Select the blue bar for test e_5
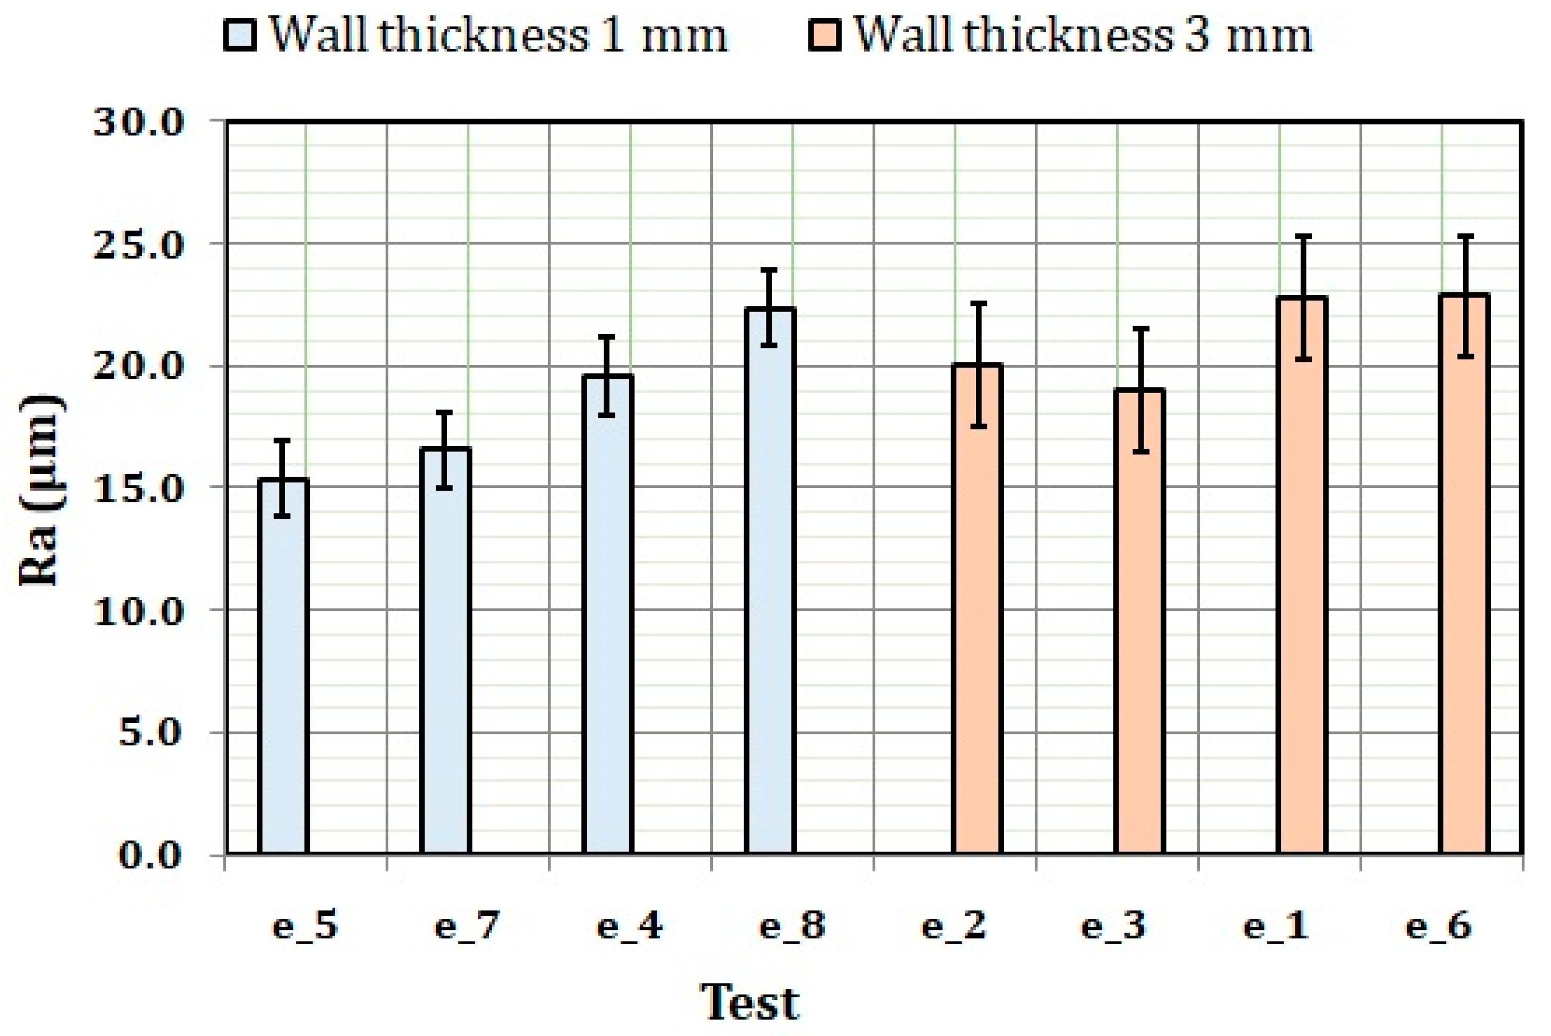pos(283,667)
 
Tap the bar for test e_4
pos(608,614)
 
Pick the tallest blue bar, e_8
pos(770,581)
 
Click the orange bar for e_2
pos(978,608)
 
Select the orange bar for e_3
pos(1139,621)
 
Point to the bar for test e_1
pos(1302,575)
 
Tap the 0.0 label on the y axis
pos(150,856)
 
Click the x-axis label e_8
pos(792,926)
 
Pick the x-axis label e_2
pos(954,926)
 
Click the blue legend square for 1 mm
pos(239,35)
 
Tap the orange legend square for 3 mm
pos(824,35)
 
